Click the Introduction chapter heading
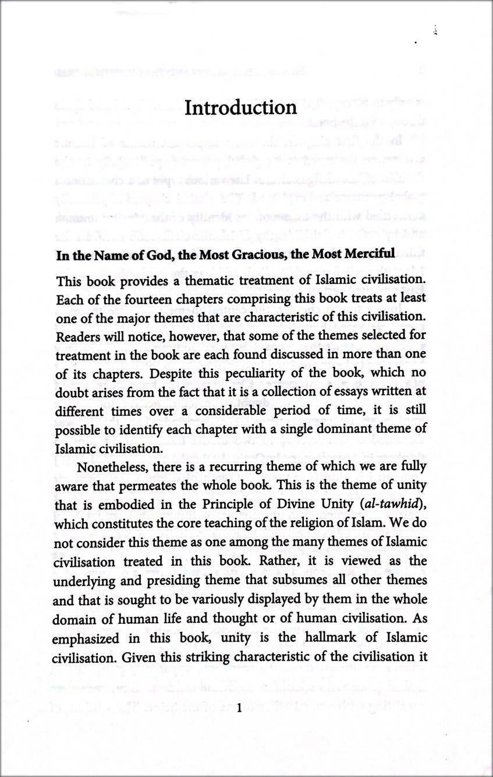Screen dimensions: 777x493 pyautogui.click(x=240, y=108)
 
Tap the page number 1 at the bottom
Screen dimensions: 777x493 pyautogui.click(x=239, y=707)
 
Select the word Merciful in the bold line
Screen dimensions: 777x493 pyautogui.click(x=367, y=255)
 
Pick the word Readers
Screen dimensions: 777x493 pyautogui.click(x=77, y=336)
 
